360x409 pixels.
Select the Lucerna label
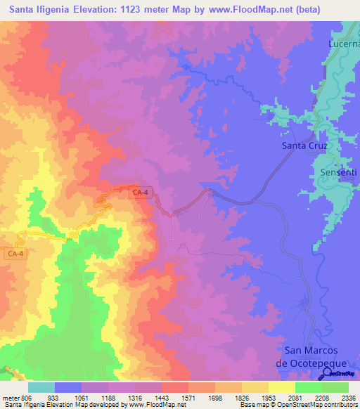pos(344,43)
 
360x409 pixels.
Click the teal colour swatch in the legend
pos(41,387)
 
